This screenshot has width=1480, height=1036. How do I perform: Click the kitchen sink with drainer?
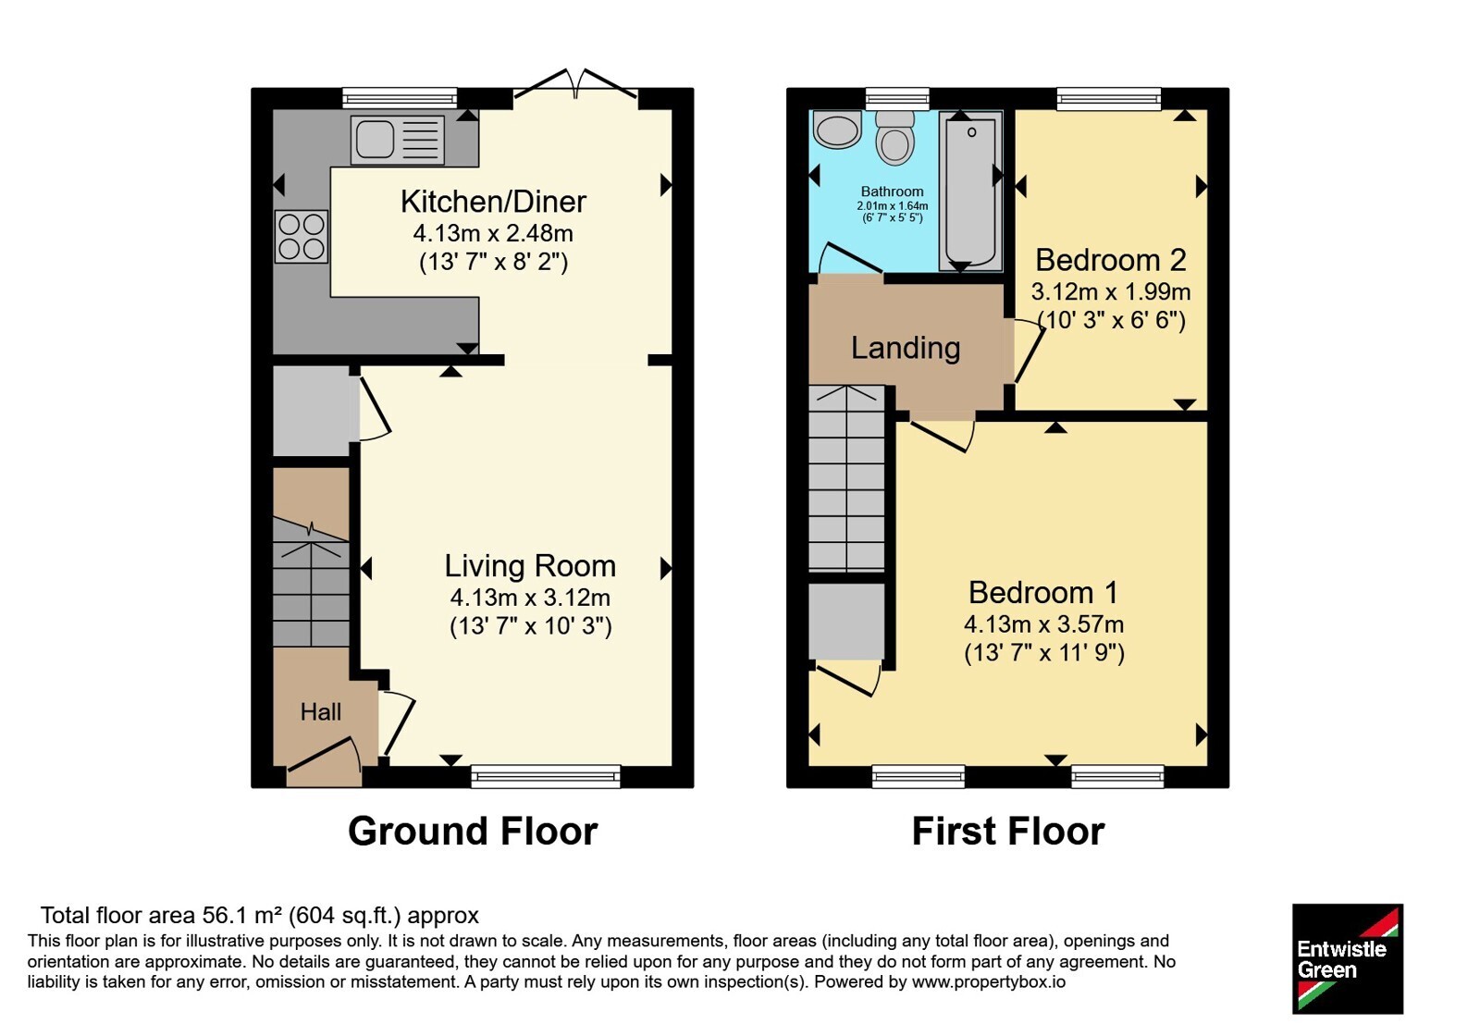coord(398,140)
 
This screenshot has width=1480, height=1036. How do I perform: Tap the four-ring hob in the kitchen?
coord(302,237)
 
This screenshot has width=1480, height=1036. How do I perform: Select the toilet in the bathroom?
coord(895,138)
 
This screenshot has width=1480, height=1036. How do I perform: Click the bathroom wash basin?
coord(837,129)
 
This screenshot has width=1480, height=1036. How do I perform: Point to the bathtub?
coord(970,191)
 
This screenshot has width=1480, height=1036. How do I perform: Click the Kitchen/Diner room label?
coord(494,202)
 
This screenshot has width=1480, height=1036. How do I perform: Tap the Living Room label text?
coord(530,566)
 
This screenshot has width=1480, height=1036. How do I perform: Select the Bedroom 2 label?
coord(1111,260)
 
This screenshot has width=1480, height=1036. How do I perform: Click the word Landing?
coord(906,348)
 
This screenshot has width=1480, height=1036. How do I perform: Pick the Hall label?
coord(320,712)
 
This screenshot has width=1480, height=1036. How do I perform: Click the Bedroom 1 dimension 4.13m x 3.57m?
coord(1044,623)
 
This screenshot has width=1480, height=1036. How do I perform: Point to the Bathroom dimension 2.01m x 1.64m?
coord(892,206)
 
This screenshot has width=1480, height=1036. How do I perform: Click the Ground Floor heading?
coord(473,832)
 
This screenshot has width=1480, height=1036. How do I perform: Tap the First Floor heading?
coord(1008,832)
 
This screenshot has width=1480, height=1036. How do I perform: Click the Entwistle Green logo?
coord(1348,958)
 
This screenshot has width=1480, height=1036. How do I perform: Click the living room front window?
coord(546,776)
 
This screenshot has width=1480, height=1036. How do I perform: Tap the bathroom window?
coord(897,99)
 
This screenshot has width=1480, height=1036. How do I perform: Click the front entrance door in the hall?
coord(325,763)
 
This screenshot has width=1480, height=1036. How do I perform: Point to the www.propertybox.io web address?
coord(989,981)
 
